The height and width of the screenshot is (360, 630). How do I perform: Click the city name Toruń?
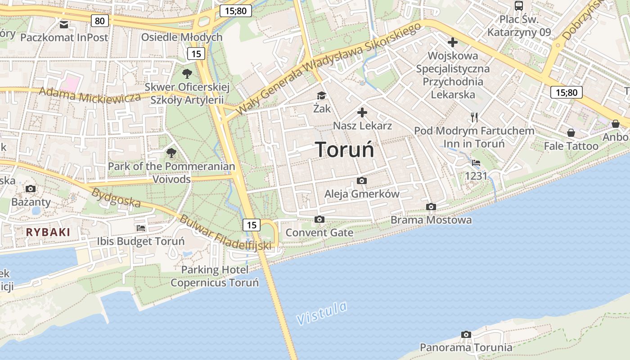[344, 149]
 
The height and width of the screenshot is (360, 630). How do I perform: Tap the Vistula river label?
[322, 313]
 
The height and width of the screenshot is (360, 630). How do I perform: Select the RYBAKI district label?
[48, 232]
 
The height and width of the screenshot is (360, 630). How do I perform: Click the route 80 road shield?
[99, 20]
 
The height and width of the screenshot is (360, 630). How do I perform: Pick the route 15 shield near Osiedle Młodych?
[196, 54]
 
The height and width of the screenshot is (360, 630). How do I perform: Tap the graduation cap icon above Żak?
[321, 95]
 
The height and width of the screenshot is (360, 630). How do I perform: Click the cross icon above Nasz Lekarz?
[362, 112]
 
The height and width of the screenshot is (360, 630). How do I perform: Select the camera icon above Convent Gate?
[319, 219]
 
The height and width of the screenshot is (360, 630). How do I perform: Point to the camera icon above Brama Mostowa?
[431, 207]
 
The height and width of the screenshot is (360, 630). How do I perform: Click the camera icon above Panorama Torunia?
[466, 334]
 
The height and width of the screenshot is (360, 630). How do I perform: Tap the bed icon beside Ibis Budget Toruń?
[141, 228]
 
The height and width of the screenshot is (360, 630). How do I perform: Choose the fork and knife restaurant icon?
[474, 117]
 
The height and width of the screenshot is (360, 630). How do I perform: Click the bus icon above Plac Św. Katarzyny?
[519, 6]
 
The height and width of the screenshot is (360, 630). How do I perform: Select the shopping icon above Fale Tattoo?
[571, 133]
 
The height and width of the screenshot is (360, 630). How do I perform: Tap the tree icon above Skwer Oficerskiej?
[187, 73]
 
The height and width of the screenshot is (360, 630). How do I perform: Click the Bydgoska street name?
[116, 198]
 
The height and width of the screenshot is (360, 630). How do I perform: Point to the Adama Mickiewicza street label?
[90, 94]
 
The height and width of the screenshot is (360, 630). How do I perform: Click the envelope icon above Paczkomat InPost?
[64, 24]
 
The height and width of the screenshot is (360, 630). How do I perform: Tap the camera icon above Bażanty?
[31, 189]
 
